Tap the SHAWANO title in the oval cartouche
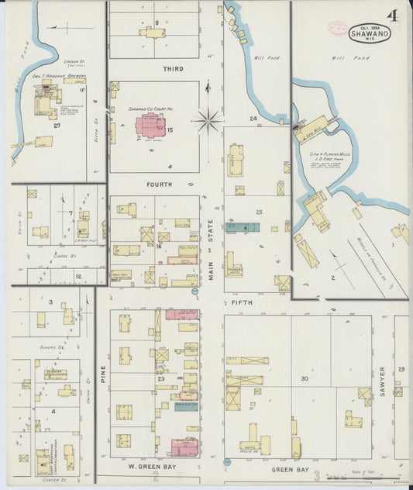[x=370, y=33]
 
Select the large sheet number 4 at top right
[x=394, y=16]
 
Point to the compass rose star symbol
[x=208, y=120]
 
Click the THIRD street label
[x=173, y=69]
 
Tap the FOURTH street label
[x=160, y=185]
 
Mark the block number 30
[x=305, y=378]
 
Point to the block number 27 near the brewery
[x=57, y=125]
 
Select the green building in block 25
[x=242, y=227]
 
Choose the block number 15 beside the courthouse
[x=169, y=129]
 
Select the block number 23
[x=161, y=378]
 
